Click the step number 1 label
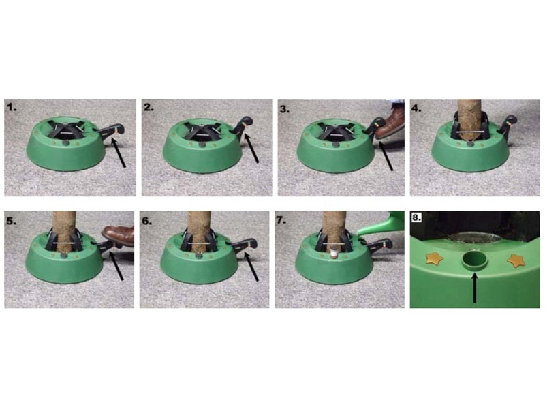pyautogui.click(x=12, y=108)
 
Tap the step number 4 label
pyautogui.click(x=416, y=108)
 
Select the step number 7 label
pyautogui.click(x=281, y=219)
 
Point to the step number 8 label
pyautogui.click(x=416, y=217)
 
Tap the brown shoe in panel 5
pyautogui.click(x=119, y=235)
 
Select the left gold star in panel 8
pyautogui.click(x=433, y=258)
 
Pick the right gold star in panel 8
pyautogui.click(x=515, y=261)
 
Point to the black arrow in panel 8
pyautogui.click(x=474, y=288)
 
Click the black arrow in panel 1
pyautogui.click(x=118, y=152)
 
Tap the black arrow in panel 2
pyautogui.click(x=251, y=149)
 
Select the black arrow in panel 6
pyautogui.click(x=251, y=267)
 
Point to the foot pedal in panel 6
pyautogui.click(x=243, y=245)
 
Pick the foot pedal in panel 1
pyautogui.click(x=110, y=130)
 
